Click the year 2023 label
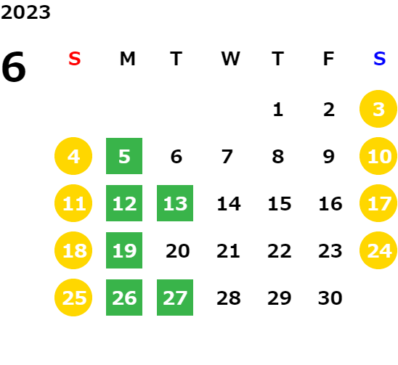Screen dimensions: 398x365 [x=25, y=12]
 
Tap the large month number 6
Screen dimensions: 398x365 [x=14, y=67]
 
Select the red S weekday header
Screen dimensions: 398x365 [x=75, y=59]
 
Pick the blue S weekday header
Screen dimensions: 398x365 [x=379, y=59]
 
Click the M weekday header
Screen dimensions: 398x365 [x=127, y=59]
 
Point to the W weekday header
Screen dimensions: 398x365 [x=230, y=59]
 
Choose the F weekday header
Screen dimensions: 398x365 [x=329, y=59]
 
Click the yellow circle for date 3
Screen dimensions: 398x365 [x=378, y=109]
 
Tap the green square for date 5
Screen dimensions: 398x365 [x=124, y=156]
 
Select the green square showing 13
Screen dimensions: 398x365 [x=175, y=203]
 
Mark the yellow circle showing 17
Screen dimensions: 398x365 [x=378, y=203]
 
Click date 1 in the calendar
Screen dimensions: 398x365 [x=278, y=110]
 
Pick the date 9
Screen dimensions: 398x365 [x=329, y=157]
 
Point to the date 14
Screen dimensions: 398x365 [x=229, y=204]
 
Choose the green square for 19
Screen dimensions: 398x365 [x=124, y=250]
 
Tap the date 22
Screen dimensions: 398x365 [x=280, y=251]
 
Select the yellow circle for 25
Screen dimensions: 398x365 [x=73, y=298]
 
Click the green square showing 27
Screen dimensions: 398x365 [x=175, y=298]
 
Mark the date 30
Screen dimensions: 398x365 [x=330, y=298]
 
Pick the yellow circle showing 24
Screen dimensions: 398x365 [x=378, y=250]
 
